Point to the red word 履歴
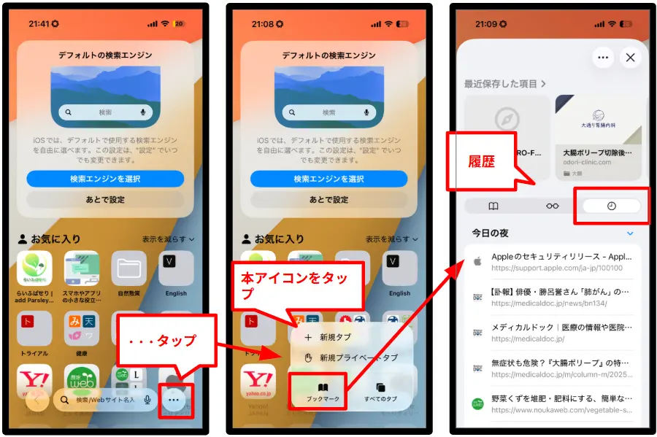pyautogui.click(x=481, y=162)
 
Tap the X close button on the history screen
pyautogui.click(x=630, y=58)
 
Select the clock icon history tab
pyautogui.click(x=611, y=206)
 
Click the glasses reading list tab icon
pyautogui.click(x=552, y=206)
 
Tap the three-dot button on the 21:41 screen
pyautogui.click(x=173, y=399)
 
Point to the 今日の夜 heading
pyautogui.click(x=490, y=233)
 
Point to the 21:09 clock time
pyautogui.click(x=486, y=24)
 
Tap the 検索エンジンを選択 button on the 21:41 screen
pyautogui.click(x=105, y=179)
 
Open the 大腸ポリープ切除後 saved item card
pyautogui.click(x=598, y=138)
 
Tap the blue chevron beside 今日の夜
pyautogui.click(x=630, y=233)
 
